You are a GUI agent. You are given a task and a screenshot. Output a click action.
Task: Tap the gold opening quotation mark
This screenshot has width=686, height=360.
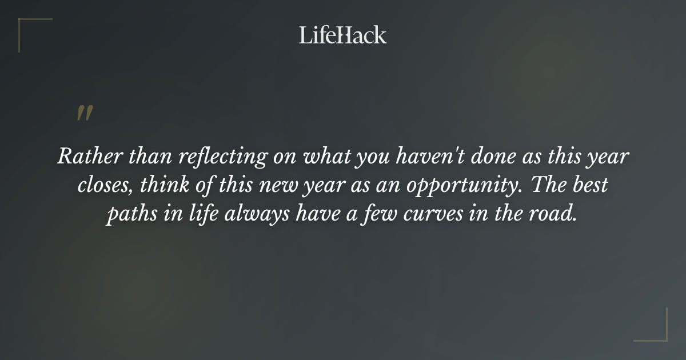pyautogui.click(x=85, y=113)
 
